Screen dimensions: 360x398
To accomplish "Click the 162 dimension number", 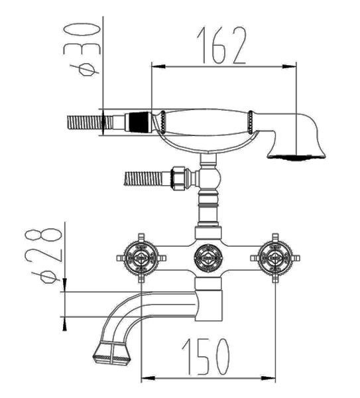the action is coord(221,46).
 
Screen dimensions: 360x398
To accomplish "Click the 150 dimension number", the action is coord(206,357).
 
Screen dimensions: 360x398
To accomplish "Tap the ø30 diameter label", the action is coord(82,50).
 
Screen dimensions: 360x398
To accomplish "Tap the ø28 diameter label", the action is coord(44,256).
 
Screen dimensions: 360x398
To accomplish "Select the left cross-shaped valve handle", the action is coord(141,258).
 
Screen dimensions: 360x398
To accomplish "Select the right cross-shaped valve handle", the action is coord(275,258).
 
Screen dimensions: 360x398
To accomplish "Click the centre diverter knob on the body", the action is coord(208,258).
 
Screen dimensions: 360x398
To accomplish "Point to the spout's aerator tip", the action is coord(112,354).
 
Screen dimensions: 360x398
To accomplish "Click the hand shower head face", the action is coord(296,157).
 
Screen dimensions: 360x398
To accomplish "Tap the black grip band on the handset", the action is coord(139,122).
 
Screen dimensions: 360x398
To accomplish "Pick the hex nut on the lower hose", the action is coord(178,178).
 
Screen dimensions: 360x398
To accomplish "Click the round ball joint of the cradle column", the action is coord(210,178).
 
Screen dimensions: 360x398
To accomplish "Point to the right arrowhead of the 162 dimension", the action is coord(289,66).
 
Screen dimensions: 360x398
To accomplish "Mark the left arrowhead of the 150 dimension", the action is coord(148,378).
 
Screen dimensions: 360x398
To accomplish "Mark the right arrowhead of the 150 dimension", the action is coord(269,378).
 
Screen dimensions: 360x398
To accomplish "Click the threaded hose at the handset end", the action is coord(90,122).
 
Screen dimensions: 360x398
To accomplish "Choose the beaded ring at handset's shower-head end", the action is coord(251,122).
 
